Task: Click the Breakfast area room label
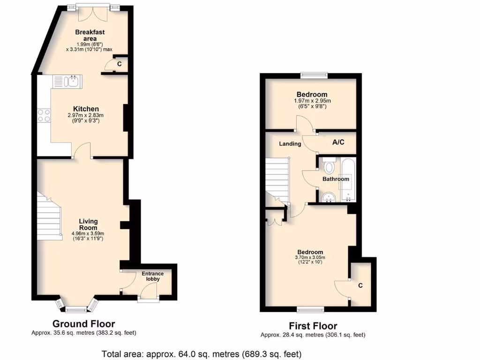[x=90, y=35]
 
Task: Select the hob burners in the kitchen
[x=44, y=115]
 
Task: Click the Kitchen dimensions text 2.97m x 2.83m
[x=85, y=115]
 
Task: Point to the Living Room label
[x=88, y=225]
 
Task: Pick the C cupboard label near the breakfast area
[x=119, y=64]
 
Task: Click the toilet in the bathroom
[x=329, y=166]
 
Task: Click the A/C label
[x=338, y=142]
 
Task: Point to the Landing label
[x=290, y=143]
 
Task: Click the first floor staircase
[x=277, y=180]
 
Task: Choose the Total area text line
[x=202, y=353]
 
